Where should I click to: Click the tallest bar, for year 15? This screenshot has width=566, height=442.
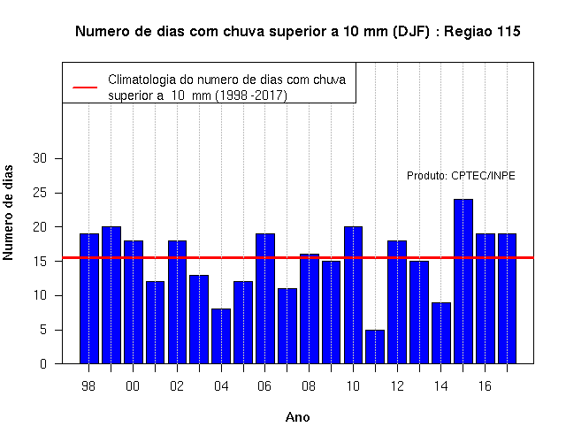[463, 281]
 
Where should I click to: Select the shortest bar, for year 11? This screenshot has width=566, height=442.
[375, 347]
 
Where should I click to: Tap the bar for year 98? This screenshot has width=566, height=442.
[89, 299]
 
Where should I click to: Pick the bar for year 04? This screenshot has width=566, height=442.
[221, 336]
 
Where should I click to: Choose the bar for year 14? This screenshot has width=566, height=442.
[441, 333]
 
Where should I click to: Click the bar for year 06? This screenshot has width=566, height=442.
[265, 299]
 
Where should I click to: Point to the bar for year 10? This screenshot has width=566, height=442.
[353, 295]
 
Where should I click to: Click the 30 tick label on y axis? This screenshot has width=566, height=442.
[40, 158]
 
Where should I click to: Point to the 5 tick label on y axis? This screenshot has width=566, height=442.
[43, 330]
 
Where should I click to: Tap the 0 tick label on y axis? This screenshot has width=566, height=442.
[43, 363]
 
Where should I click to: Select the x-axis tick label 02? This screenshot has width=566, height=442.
[177, 386]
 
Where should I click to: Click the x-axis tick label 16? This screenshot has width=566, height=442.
[485, 386]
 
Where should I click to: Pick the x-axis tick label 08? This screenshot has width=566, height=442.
[309, 386]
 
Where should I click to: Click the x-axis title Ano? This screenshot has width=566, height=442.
[298, 417]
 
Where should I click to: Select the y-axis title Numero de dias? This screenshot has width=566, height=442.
[8, 212]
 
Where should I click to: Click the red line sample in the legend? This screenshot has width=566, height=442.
[85, 88]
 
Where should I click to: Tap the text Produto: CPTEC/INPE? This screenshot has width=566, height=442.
[461, 176]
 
